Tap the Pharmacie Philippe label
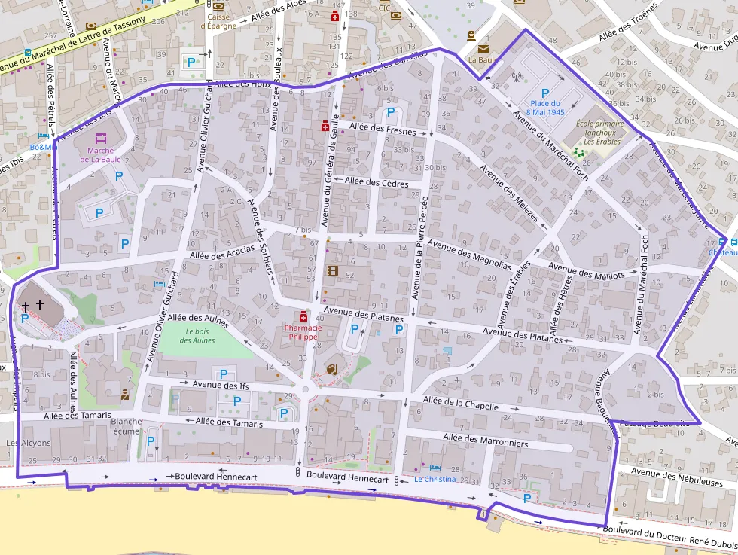[303, 332]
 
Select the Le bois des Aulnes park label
[198, 336]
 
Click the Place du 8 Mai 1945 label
[546, 107]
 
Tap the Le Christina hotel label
[435, 479]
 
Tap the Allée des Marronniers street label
[485, 439]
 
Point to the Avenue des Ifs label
[220, 386]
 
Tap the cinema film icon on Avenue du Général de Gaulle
[332, 270]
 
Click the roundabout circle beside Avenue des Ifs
[306, 390]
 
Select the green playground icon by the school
[579, 153]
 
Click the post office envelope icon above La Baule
[483, 49]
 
